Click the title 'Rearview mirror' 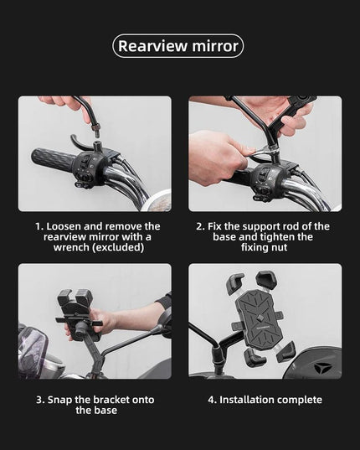tap(178, 46)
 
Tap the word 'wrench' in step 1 tap(71, 247)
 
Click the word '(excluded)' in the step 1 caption tap(118, 247)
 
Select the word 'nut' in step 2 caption tap(279, 247)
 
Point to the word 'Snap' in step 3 tap(59, 400)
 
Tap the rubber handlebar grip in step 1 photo tap(53, 158)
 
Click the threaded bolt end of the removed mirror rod tap(95, 130)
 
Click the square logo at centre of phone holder tap(260, 318)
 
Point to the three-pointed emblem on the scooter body tap(319, 368)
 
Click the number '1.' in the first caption tap(39, 226)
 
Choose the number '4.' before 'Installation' tap(212, 400)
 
